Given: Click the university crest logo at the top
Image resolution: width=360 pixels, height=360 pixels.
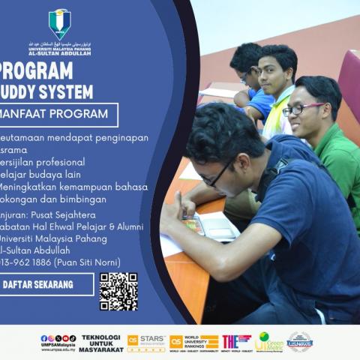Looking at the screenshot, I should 59,23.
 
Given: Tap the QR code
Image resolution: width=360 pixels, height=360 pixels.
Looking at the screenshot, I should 118,291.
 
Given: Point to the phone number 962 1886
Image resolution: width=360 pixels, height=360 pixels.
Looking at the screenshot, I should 42,262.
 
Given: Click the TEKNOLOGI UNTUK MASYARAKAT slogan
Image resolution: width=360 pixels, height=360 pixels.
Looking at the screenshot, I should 102,343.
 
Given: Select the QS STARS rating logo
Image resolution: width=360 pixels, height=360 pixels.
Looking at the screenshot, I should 145,343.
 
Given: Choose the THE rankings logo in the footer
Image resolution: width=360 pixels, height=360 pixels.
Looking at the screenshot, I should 235,342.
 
